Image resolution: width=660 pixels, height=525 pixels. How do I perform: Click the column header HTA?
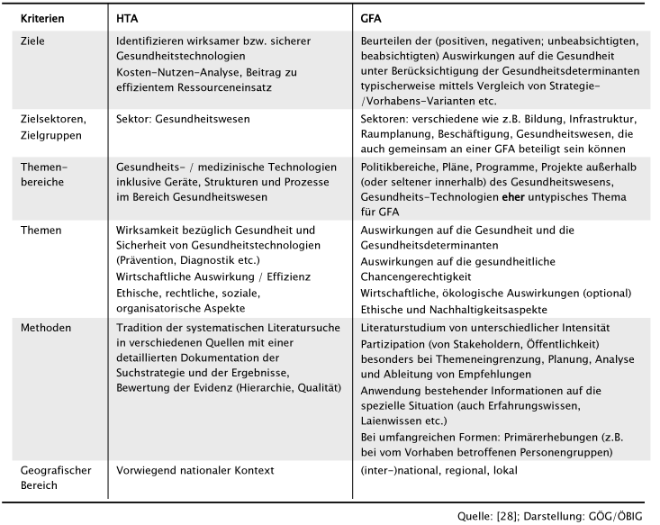coord(128,17)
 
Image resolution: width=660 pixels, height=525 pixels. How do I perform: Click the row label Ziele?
coord(32,41)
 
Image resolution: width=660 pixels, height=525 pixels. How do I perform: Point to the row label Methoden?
coord(46,328)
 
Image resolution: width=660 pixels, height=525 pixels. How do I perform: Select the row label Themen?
coord(42,230)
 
